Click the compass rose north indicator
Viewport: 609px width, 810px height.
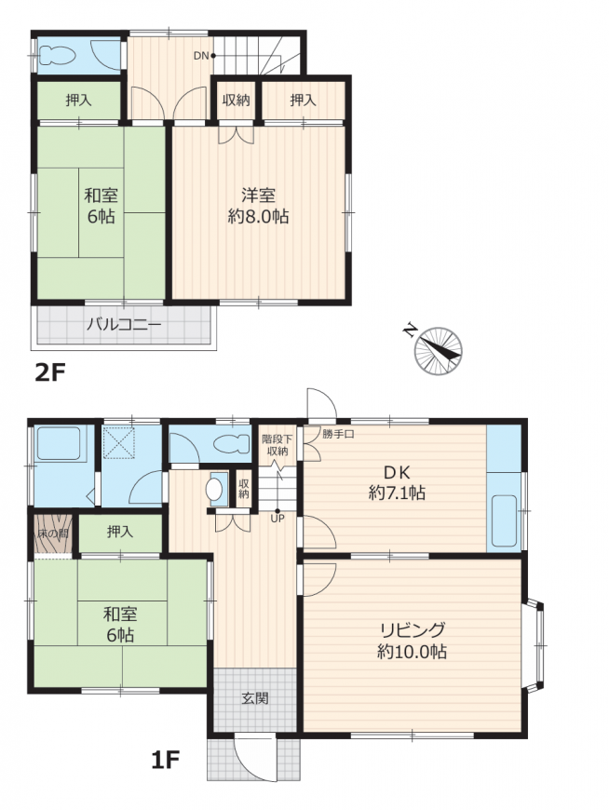click(x=438, y=351)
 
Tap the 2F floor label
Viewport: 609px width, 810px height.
click(x=50, y=372)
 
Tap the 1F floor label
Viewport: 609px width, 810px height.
click(x=166, y=760)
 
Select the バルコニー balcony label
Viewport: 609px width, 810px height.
click(x=124, y=325)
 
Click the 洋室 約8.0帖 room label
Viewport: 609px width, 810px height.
click(x=258, y=206)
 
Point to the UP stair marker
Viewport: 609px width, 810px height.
click(x=277, y=519)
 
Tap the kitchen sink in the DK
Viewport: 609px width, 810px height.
click(x=504, y=520)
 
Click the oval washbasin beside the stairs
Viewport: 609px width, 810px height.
click(x=213, y=489)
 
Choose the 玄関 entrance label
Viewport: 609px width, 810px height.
click(x=255, y=698)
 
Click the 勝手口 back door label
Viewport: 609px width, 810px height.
click(x=338, y=434)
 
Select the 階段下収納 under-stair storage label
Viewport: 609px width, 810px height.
click(x=277, y=445)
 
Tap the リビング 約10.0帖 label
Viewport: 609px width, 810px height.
click(x=413, y=641)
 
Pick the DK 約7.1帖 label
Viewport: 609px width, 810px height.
click(x=397, y=482)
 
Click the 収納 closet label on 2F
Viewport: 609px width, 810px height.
click(x=237, y=100)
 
